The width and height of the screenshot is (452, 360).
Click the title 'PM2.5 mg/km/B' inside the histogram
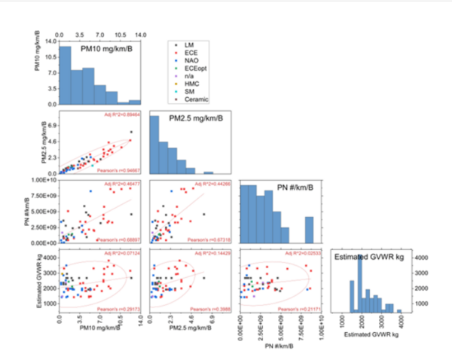(x=189, y=120)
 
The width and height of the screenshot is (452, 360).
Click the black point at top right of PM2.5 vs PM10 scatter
(x=131, y=132)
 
